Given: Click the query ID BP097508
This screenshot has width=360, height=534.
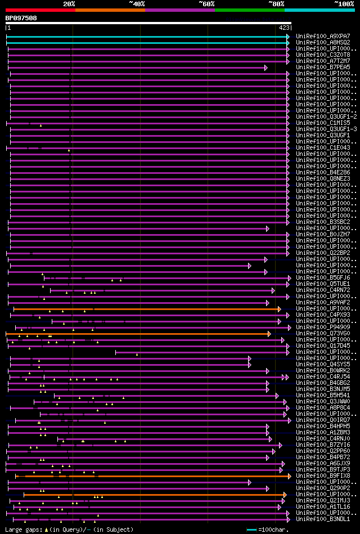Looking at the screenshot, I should (x=21, y=18).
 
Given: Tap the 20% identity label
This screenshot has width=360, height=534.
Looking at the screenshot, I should (x=69, y=4).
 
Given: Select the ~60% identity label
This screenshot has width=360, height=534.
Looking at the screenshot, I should (x=206, y=4).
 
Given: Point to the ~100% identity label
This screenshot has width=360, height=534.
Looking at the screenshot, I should (x=344, y=4).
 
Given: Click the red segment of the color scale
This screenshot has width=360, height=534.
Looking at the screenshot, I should (x=40, y=10).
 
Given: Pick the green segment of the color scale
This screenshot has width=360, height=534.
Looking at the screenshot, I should (x=249, y=10).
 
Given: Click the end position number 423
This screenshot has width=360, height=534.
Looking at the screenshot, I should (x=284, y=27).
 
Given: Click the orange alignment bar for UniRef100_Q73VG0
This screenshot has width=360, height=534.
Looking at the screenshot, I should (x=141, y=334).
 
